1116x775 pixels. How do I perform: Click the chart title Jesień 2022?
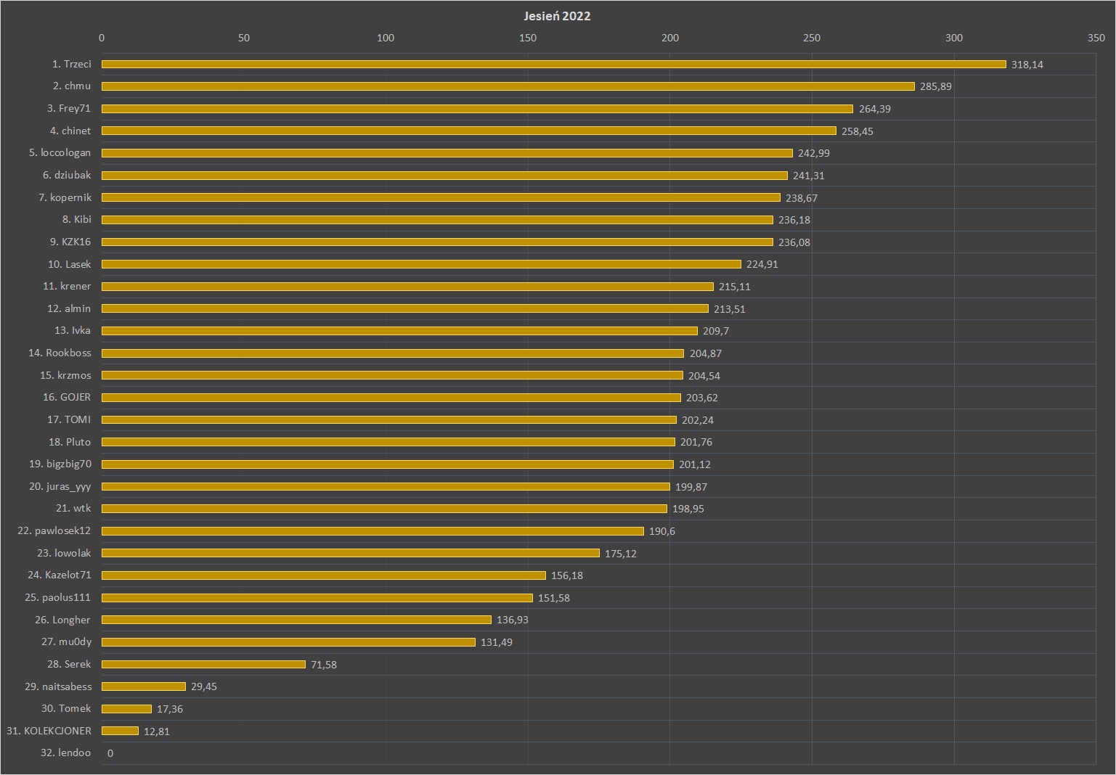pyautogui.click(x=557, y=16)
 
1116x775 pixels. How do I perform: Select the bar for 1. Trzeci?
pyautogui.click(x=553, y=65)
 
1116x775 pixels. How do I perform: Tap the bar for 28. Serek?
pyautogui.click(x=203, y=665)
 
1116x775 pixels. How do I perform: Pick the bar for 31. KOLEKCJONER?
pyautogui.click(x=120, y=731)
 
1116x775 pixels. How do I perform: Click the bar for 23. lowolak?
pyautogui.click(x=350, y=553)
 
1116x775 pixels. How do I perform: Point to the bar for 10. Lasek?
pyautogui.click(x=421, y=264)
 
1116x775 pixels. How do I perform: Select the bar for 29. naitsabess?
pyautogui.click(x=144, y=686)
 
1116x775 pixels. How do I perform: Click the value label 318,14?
pyautogui.click(x=1027, y=65)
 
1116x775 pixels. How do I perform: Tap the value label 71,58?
pyautogui.click(x=324, y=665)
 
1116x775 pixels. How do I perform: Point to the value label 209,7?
pyautogui.click(x=716, y=331)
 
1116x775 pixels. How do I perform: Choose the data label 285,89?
pyautogui.click(x=935, y=86)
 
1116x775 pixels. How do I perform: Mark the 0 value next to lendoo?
pyautogui.click(x=110, y=753)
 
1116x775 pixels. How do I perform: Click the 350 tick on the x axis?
pyautogui.click(x=1096, y=38)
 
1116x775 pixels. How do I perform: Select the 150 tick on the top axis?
pyautogui.click(x=528, y=38)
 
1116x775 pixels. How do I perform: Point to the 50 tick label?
pyautogui.click(x=244, y=38)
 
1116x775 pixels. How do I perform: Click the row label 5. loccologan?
pyautogui.click(x=60, y=152)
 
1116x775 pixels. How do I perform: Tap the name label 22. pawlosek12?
pyautogui.click(x=54, y=530)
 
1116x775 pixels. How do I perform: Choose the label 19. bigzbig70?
pyautogui.click(x=60, y=464)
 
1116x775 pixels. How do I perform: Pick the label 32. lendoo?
pyautogui.click(x=66, y=753)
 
